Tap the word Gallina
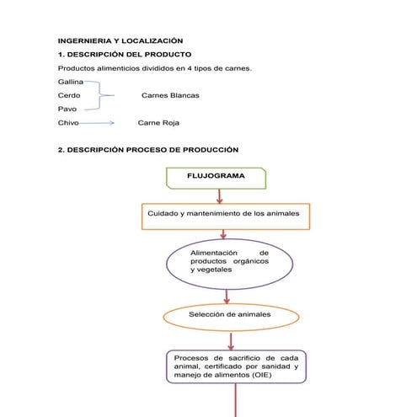pyautogui.click(x=71, y=82)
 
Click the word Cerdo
pyautogui.click(x=69, y=95)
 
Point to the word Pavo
pyautogui.click(x=67, y=110)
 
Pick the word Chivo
pyautogui.click(x=68, y=123)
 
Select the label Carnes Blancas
pyautogui.click(x=170, y=95)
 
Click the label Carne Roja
pyautogui.click(x=158, y=123)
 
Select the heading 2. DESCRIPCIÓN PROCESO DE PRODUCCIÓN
pyautogui.click(x=147, y=150)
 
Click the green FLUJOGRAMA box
pyautogui.click(x=217, y=177)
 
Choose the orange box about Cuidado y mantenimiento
pyautogui.click(x=223, y=214)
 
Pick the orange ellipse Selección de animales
pyautogui.click(x=229, y=315)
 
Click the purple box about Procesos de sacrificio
pyautogui.click(x=235, y=366)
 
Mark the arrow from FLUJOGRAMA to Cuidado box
pyautogui.click(x=219, y=195)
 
